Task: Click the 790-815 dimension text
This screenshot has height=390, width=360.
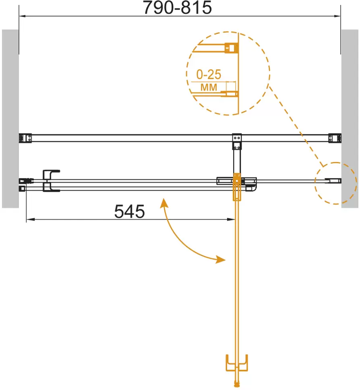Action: [177, 8]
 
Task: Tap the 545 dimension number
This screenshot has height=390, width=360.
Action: [129, 212]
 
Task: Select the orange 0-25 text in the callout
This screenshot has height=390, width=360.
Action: [209, 75]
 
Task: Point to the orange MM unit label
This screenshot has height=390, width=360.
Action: [209, 87]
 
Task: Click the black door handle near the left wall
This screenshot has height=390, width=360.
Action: [51, 181]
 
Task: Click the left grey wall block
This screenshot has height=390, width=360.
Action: [10, 118]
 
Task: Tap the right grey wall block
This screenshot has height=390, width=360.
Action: [350, 118]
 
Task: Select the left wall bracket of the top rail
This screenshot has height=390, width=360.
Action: [25, 138]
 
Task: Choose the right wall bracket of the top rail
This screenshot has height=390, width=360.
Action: [335, 138]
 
